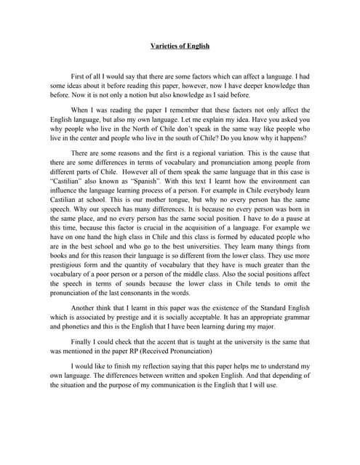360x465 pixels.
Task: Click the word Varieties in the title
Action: point(162,46)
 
